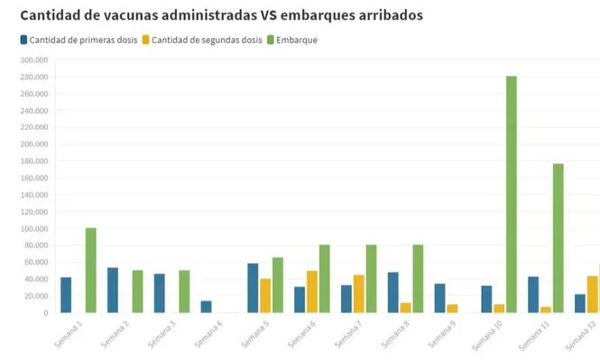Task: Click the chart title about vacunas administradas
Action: [x=221, y=15]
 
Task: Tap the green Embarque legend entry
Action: [x=292, y=40]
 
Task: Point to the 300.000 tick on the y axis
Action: [x=33, y=60]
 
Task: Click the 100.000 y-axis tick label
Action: [x=33, y=229]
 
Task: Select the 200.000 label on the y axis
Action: [x=33, y=144]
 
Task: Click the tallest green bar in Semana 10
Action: [x=512, y=194]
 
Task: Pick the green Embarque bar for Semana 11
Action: [x=558, y=238]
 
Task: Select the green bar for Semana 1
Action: [x=90, y=271]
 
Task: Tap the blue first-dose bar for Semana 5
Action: [x=253, y=288]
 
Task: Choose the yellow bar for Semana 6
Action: [x=312, y=291]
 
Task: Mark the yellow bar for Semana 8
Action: [x=406, y=308]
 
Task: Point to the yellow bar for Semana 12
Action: [x=592, y=294]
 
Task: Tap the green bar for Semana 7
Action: [x=371, y=279]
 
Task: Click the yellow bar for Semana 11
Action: [x=546, y=309]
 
